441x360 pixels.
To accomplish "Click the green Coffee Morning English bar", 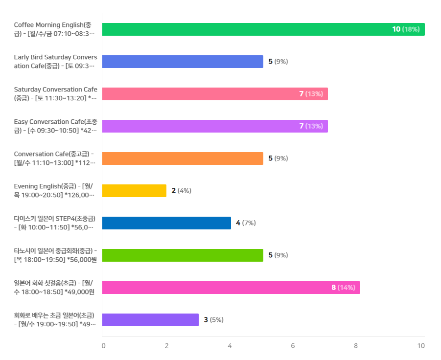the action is (263, 29).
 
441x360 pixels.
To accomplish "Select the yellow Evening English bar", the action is (134, 191).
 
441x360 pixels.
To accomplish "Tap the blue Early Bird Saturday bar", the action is (183, 62).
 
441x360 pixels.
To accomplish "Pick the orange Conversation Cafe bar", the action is (183, 158).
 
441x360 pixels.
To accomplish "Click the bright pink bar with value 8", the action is (231, 288).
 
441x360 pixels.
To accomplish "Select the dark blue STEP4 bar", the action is (166, 223).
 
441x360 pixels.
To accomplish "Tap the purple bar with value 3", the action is (150, 320).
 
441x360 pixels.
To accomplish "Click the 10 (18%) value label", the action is (406, 29).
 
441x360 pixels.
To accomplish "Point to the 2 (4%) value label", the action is (182, 191).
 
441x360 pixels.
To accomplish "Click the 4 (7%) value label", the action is (246, 223).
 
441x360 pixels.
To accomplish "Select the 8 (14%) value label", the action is (343, 288).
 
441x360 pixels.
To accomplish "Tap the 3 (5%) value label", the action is (214, 320).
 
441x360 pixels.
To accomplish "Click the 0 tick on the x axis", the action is (103, 346).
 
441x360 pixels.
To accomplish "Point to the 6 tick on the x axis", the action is (293, 346).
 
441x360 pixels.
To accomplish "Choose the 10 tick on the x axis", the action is (421, 346).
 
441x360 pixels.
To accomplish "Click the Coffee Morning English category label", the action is (54, 29).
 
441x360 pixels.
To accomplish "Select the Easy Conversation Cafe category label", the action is (55, 126).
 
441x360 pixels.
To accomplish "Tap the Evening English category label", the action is (54, 191).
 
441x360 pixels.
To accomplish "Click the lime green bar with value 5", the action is (183, 255).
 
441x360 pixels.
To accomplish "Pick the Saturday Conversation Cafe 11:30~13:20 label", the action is (55, 93).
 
